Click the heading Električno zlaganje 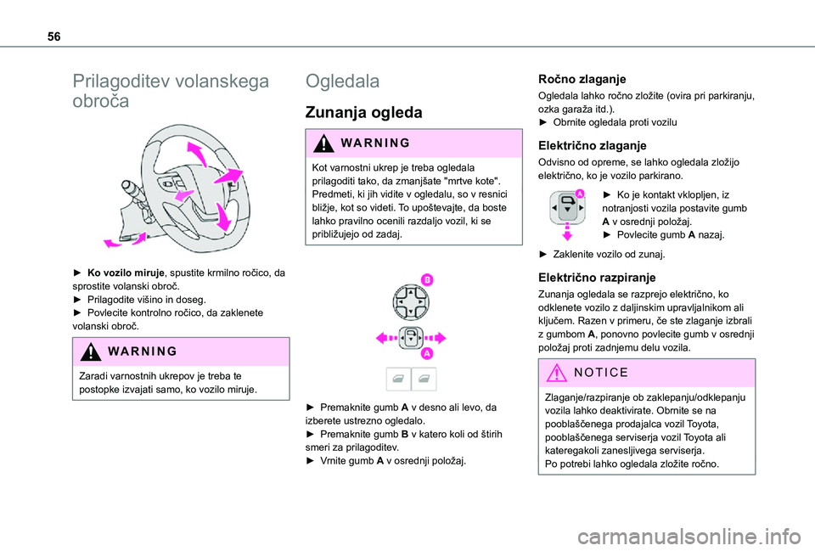point(593,145)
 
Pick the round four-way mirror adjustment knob point(408,301)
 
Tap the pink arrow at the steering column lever point(112,243)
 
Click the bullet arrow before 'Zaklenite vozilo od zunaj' point(544,254)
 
